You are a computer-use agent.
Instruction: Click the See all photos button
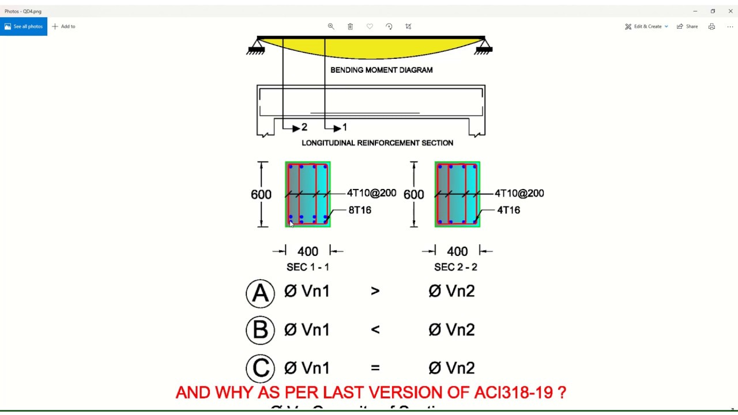point(24,27)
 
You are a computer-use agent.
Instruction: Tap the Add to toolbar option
point(63,27)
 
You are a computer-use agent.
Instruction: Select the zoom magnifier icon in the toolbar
point(331,27)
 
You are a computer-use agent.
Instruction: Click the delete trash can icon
point(350,27)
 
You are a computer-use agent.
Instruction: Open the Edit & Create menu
point(647,27)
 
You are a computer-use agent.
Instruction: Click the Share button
point(687,27)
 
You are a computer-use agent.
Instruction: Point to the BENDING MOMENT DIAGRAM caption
point(381,70)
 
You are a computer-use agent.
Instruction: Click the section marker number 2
point(304,127)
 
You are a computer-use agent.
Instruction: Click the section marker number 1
point(345,127)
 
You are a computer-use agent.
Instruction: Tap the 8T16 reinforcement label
point(360,210)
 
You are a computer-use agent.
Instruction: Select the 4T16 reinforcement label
point(509,210)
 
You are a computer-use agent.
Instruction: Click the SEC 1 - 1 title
point(308,267)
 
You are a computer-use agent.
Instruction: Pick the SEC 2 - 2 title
point(455,267)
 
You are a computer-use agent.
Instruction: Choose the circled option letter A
point(260,293)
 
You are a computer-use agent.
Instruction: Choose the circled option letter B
point(260,330)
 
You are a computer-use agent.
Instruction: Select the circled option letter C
point(260,368)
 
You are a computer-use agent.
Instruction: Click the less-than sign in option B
point(375,330)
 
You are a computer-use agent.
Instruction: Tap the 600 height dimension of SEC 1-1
point(261,195)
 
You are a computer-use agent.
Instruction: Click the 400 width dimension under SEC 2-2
point(457,251)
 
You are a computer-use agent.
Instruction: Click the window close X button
point(731,11)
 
